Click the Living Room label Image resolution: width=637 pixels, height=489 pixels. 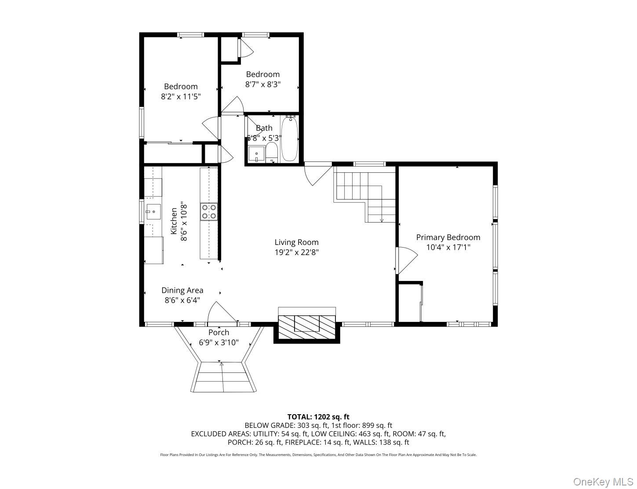point(296,242)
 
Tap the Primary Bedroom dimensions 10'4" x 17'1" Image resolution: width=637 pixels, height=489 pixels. point(448,247)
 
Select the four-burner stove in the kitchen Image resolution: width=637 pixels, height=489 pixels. point(209,211)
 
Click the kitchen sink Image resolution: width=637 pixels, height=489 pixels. point(153,212)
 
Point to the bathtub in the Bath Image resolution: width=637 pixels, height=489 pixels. point(289,139)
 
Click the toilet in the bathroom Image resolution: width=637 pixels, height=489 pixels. point(272,152)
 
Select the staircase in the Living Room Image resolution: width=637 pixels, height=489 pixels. point(364,193)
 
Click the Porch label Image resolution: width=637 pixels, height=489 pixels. point(218,332)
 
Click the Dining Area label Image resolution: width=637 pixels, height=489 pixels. point(182,290)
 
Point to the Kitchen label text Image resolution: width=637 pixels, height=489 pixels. point(174,221)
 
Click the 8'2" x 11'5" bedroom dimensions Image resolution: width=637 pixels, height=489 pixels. point(181,96)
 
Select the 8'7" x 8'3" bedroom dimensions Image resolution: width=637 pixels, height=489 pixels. point(262,84)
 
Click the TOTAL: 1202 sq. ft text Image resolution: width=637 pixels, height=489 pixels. point(318,416)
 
